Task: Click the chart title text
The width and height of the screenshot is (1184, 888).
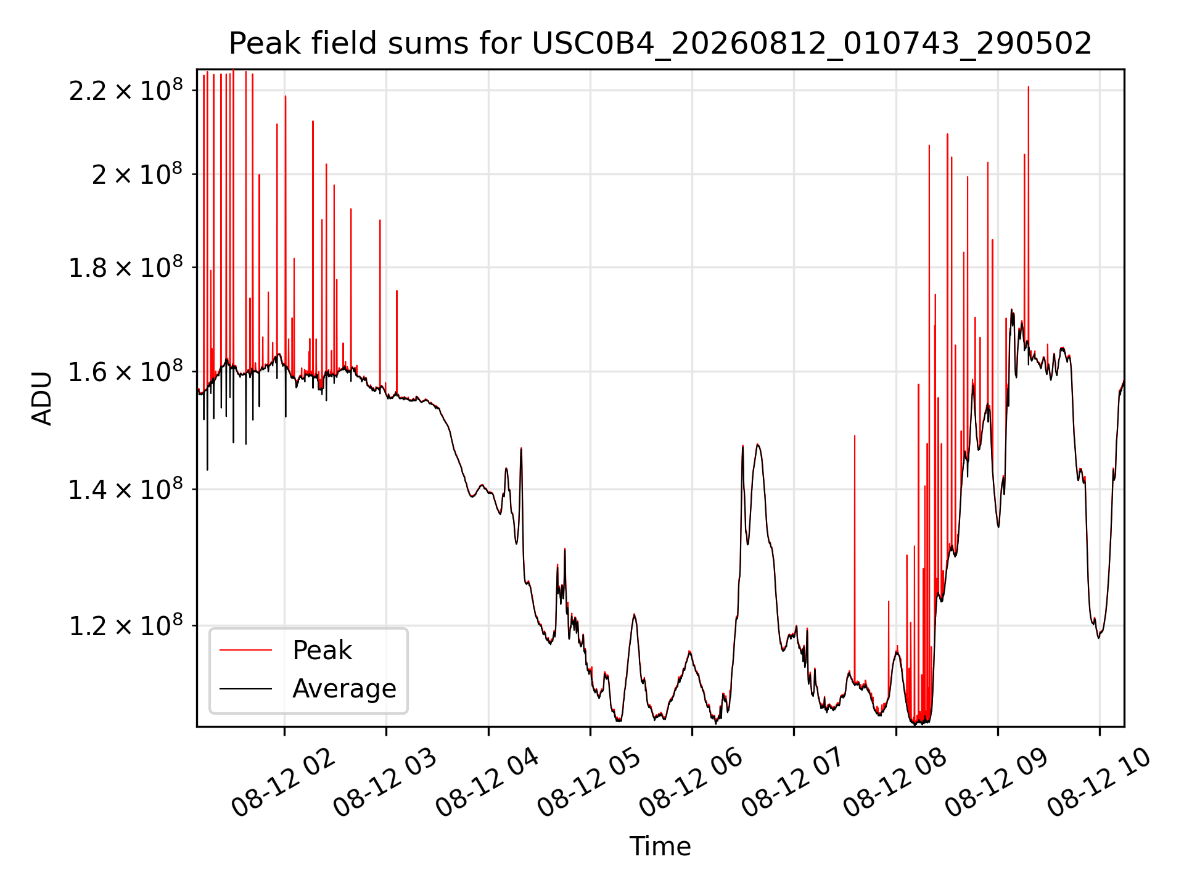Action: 660,44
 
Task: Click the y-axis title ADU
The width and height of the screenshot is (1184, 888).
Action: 42,398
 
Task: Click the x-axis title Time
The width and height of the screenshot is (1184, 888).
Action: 660,846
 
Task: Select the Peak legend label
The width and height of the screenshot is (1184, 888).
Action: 322,651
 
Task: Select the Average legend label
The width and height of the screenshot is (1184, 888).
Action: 344,688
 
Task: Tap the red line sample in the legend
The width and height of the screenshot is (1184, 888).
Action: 245,650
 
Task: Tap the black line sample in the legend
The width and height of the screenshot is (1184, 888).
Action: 245,688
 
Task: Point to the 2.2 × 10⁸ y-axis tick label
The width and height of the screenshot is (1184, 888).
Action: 126,90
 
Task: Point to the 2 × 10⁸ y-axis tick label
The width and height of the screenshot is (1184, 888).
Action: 137,174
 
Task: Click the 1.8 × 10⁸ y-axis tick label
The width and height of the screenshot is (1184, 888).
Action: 126,268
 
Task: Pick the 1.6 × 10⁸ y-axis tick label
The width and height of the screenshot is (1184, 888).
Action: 126,372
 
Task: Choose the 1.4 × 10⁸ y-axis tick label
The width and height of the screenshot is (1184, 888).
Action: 126,490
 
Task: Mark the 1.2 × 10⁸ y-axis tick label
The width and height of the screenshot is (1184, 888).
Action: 126,625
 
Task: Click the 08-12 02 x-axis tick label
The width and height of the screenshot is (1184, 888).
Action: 283,783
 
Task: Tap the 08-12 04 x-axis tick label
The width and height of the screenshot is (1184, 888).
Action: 487,783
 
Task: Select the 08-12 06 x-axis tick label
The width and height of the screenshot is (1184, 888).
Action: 691,783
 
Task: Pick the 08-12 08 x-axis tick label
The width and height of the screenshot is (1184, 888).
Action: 895,783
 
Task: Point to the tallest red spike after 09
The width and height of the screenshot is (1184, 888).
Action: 1028,216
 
